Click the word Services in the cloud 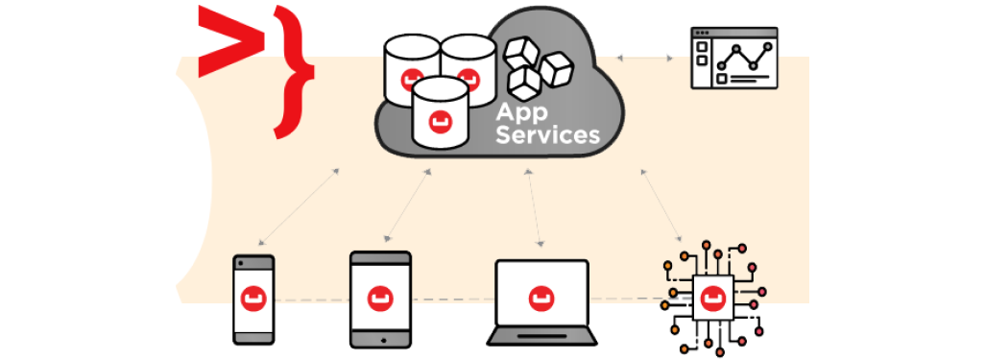point(547,135)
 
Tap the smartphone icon point(253,299)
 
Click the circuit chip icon point(711,297)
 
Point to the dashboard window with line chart point(733,58)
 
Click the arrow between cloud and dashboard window point(644,59)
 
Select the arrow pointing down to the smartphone point(297,207)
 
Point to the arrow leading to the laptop point(536,206)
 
